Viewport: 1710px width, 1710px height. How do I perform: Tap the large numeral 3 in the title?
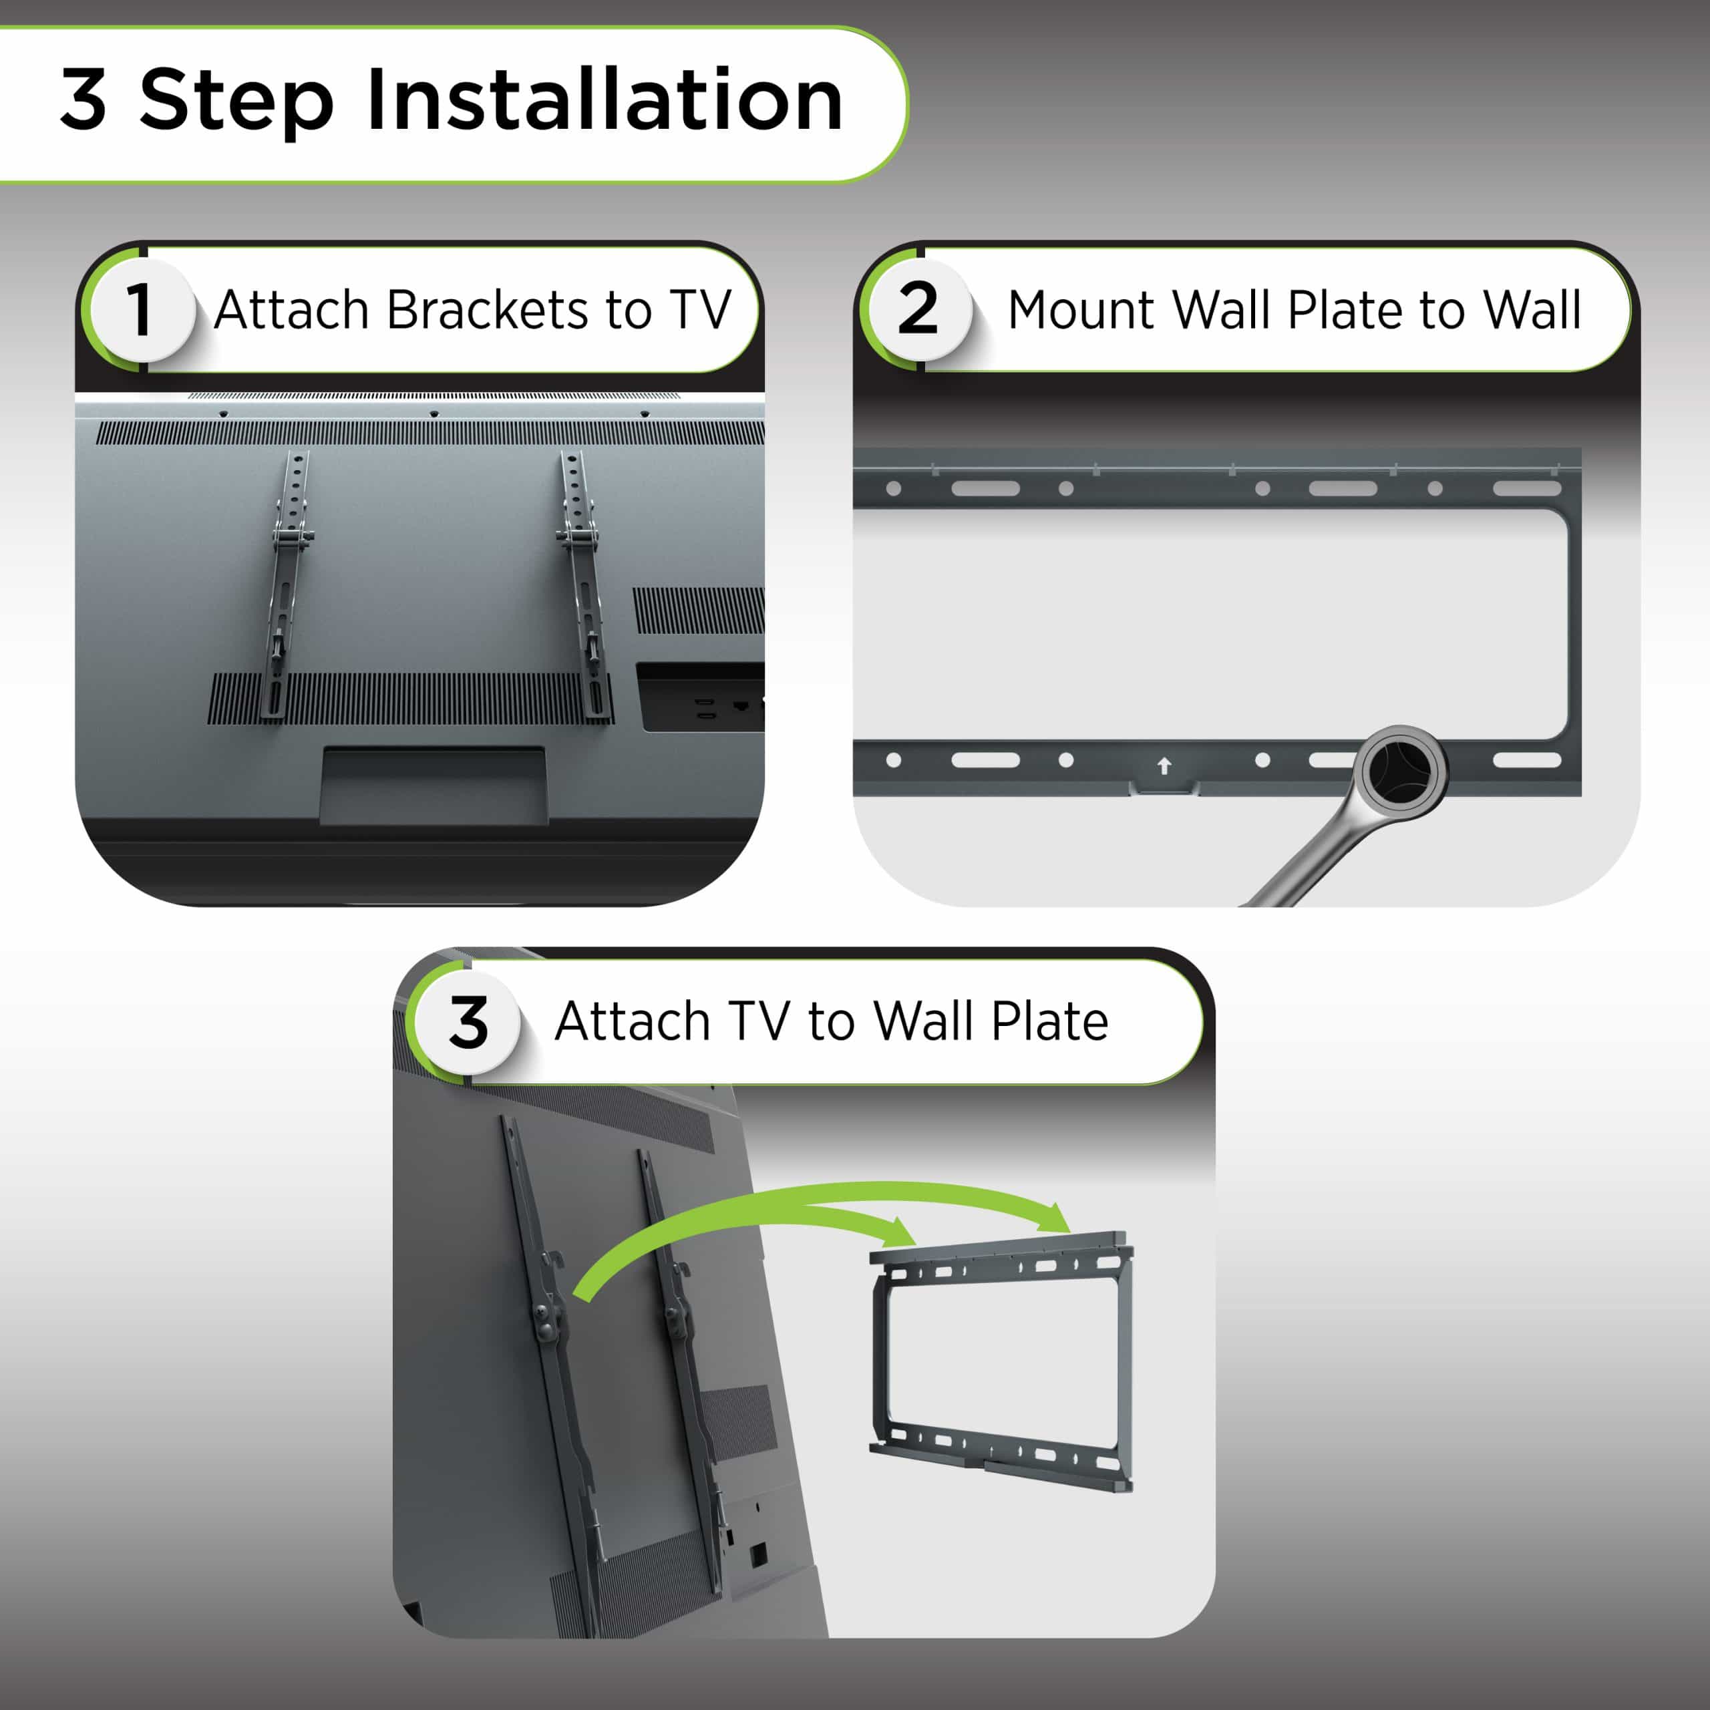coord(83,99)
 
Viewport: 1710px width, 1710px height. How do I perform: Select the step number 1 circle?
coord(141,310)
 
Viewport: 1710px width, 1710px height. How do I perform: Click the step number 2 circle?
coord(918,309)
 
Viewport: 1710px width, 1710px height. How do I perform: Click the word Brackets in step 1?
coord(488,311)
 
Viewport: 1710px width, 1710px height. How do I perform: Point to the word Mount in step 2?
coord(1081,311)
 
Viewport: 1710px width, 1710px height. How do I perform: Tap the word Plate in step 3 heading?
coord(1050,1021)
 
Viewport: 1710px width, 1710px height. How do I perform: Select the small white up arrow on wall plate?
coord(1164,765)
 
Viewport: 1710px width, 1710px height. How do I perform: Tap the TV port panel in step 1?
coord(700,697)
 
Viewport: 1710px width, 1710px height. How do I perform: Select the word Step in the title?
coord(236,103)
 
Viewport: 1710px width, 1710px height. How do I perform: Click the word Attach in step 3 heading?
coord(632,1021)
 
